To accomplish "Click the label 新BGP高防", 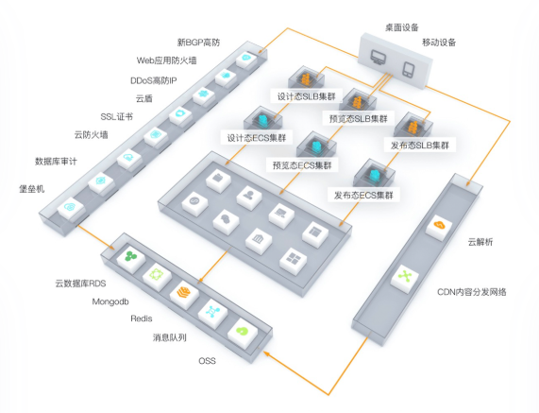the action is coord(198,43).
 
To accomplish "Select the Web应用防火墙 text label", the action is coord(167,60).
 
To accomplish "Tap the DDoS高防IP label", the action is coord(153,80).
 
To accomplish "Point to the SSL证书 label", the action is coord(116,116).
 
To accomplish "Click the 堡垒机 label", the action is coord(32,189).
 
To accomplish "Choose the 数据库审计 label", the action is coord(56,161).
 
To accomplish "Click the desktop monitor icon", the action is coord(379,59).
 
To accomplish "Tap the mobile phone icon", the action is coord(409,69).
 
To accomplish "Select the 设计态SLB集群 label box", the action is coord(306,96).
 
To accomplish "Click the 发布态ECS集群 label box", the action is coord(363,195).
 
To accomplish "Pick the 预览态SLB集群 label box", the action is coord(359,119).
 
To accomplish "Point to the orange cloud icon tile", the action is coord(439,227).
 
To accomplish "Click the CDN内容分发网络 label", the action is coord(472,292).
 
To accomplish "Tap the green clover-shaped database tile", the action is coord(131,257).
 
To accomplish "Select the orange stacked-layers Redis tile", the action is coord(184,293).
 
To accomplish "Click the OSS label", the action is coord(208,361).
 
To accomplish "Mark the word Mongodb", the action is coord(110,301).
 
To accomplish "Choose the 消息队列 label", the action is coord(170,337).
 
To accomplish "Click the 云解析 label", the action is coord(480,242).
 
